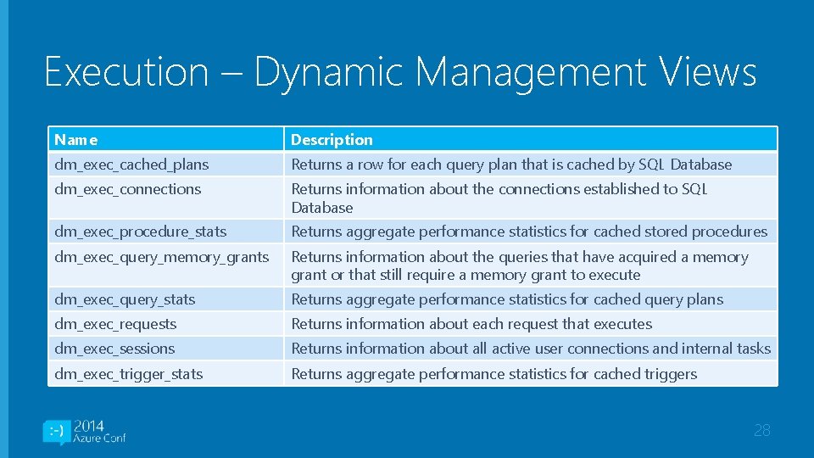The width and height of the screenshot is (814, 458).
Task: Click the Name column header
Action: (x=76, y=140)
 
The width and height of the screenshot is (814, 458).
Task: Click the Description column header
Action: (x=332, y=140)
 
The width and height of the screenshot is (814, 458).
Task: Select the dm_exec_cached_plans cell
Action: (x=131, y=165)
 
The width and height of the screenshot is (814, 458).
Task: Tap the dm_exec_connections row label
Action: (x=128, y=189)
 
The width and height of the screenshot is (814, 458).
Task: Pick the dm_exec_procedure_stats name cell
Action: (x=141, y=232)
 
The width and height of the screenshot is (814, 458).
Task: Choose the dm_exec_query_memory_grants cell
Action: (x=161, y=257)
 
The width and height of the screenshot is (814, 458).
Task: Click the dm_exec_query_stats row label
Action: (x=125, y=299)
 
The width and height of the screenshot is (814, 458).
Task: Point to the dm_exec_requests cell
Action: (x=115, y=324)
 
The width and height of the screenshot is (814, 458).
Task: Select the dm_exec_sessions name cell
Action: (x=114, y=349)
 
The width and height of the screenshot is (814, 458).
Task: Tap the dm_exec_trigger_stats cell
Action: (x=129, y=374)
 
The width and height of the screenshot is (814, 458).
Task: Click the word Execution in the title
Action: (x=126, y=71)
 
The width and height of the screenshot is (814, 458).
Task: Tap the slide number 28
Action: (x=761, y=431)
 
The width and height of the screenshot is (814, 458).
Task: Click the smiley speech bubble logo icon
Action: (x=56, y=432)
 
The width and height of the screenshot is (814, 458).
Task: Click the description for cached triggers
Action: (x=493, y=374)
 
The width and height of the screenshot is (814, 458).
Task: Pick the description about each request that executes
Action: (x=471, y=324)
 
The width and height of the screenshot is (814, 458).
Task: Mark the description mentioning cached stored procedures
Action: (x=529, y=232)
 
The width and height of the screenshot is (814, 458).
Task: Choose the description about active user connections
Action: (x=531, y=349)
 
